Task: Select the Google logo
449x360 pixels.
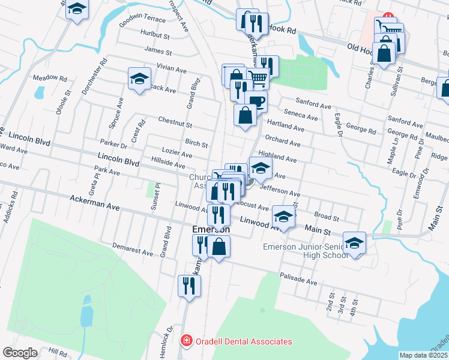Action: pos(20,353)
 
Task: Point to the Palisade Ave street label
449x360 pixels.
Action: pos(298,279)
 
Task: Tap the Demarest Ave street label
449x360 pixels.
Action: pos(133,249)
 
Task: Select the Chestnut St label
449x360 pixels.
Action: pos(175,122)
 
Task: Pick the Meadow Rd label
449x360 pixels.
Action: pos(49,78)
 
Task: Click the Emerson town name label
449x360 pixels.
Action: pos(211,230)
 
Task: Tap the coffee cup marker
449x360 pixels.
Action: pos(256,101)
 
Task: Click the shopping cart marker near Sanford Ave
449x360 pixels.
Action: pos(258,77)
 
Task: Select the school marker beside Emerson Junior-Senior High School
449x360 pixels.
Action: pos(354,242)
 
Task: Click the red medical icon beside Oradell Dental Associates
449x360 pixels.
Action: pos(187,341)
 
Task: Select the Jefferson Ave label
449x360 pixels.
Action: pos(280,191)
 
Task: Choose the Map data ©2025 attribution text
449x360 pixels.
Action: pos(424,355)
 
